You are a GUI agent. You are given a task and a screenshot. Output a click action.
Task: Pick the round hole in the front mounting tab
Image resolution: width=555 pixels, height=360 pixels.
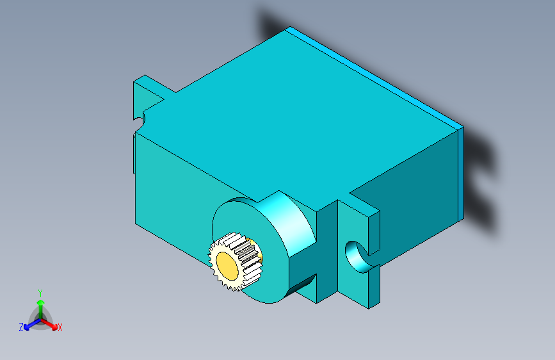point(354,255)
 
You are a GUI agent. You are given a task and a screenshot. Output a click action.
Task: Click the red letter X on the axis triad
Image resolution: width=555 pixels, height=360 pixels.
point(60,328)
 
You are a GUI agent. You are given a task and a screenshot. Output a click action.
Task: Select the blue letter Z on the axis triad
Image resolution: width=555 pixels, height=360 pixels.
point(21,327)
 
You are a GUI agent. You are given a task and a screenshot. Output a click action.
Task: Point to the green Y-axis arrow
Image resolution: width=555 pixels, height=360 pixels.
point(40,304)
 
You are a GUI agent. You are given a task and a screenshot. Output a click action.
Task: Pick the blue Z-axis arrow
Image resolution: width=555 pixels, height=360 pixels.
point(29,324)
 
